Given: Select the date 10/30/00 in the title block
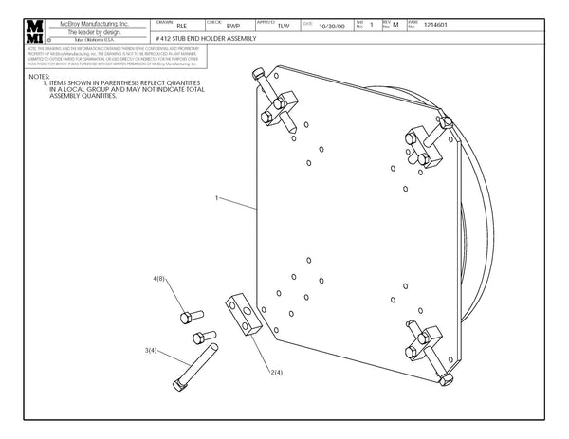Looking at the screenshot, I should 332,27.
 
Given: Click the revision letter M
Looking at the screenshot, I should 396,27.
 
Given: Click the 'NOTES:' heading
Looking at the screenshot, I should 40,76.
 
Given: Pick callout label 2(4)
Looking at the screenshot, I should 276,373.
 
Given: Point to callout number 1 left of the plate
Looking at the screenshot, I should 217,199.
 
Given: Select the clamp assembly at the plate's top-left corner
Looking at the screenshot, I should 278,106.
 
